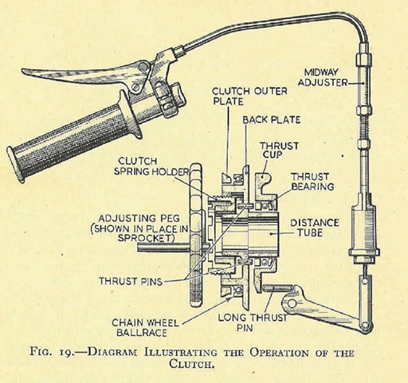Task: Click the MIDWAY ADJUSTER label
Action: (323, 77)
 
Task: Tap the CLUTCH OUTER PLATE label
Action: (249, 96)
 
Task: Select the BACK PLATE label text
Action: (272, 120)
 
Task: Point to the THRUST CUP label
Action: (279, 150)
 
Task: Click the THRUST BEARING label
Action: (312, 182)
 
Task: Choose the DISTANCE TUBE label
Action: (315, 227)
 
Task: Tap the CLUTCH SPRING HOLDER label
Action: (151, 166)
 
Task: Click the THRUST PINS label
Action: (131, 281)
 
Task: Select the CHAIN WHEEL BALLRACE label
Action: (145, 327)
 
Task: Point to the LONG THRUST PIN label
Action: (253, 322)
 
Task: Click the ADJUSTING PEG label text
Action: (139, 219)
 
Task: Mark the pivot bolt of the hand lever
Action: (143, 66)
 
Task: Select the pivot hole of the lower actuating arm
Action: (292, 303)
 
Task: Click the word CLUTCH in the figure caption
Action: (192, 364)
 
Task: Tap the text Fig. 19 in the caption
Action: (50, 353)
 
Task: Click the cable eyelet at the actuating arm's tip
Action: (366, 325)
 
